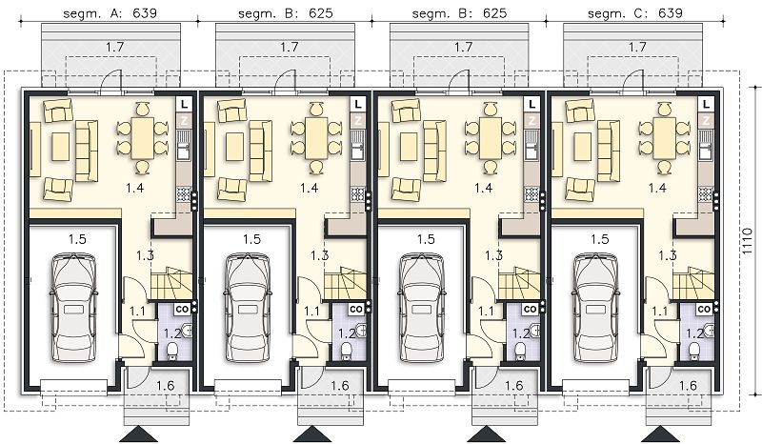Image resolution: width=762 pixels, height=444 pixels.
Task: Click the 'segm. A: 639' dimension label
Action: point(110,12)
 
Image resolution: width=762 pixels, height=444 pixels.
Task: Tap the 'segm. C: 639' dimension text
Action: point(635,12)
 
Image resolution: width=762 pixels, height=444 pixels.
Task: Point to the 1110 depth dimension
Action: point(749,242)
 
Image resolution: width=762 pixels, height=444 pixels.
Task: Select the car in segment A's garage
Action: point(74,308)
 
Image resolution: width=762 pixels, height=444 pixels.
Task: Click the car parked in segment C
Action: point(596,308)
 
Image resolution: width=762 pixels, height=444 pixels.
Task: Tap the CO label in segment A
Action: point(182,309)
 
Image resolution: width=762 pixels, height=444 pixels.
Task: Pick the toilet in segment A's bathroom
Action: point(172,352)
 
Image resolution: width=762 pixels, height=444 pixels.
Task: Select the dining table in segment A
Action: point(142,137)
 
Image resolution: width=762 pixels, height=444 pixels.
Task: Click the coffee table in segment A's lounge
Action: point(61,146)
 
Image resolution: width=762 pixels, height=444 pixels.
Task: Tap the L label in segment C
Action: point(706,104)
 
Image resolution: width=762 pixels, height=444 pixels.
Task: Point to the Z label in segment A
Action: point(184,120)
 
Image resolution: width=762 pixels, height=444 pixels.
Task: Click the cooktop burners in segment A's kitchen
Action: point(184,194)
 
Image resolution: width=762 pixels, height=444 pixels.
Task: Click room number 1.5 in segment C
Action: point(600,239)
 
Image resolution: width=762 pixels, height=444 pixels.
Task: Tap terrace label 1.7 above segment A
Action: point(114,48)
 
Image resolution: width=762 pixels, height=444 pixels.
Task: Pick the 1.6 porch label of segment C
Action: point(688,386)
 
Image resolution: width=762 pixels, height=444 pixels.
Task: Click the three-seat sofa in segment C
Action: point(609,151)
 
